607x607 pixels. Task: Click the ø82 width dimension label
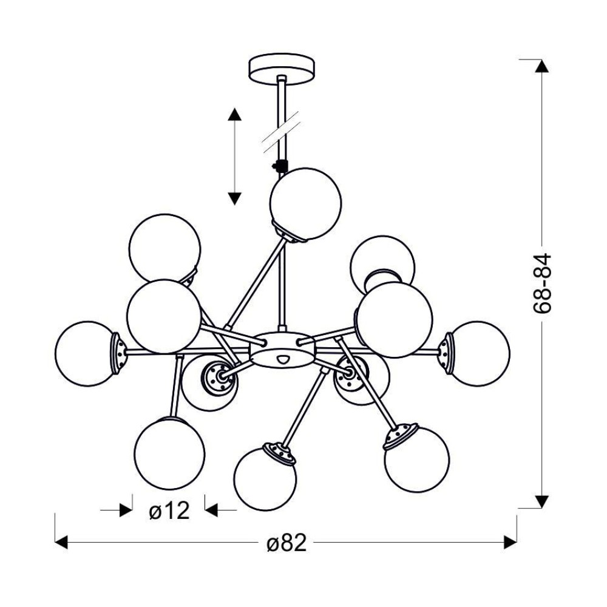[x=287, y=543]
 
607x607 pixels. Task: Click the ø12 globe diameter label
[x=169, y=510]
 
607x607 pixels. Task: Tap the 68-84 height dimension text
[x=541, y=283]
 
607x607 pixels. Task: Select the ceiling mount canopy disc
[x=281, y=68]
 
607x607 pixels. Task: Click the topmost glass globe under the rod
[x=306, y=203]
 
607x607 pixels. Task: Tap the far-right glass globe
[x=480, y=353]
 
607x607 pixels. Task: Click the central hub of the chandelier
[x=282, y=349]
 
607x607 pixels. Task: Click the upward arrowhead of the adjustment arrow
[x=234, y=115]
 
